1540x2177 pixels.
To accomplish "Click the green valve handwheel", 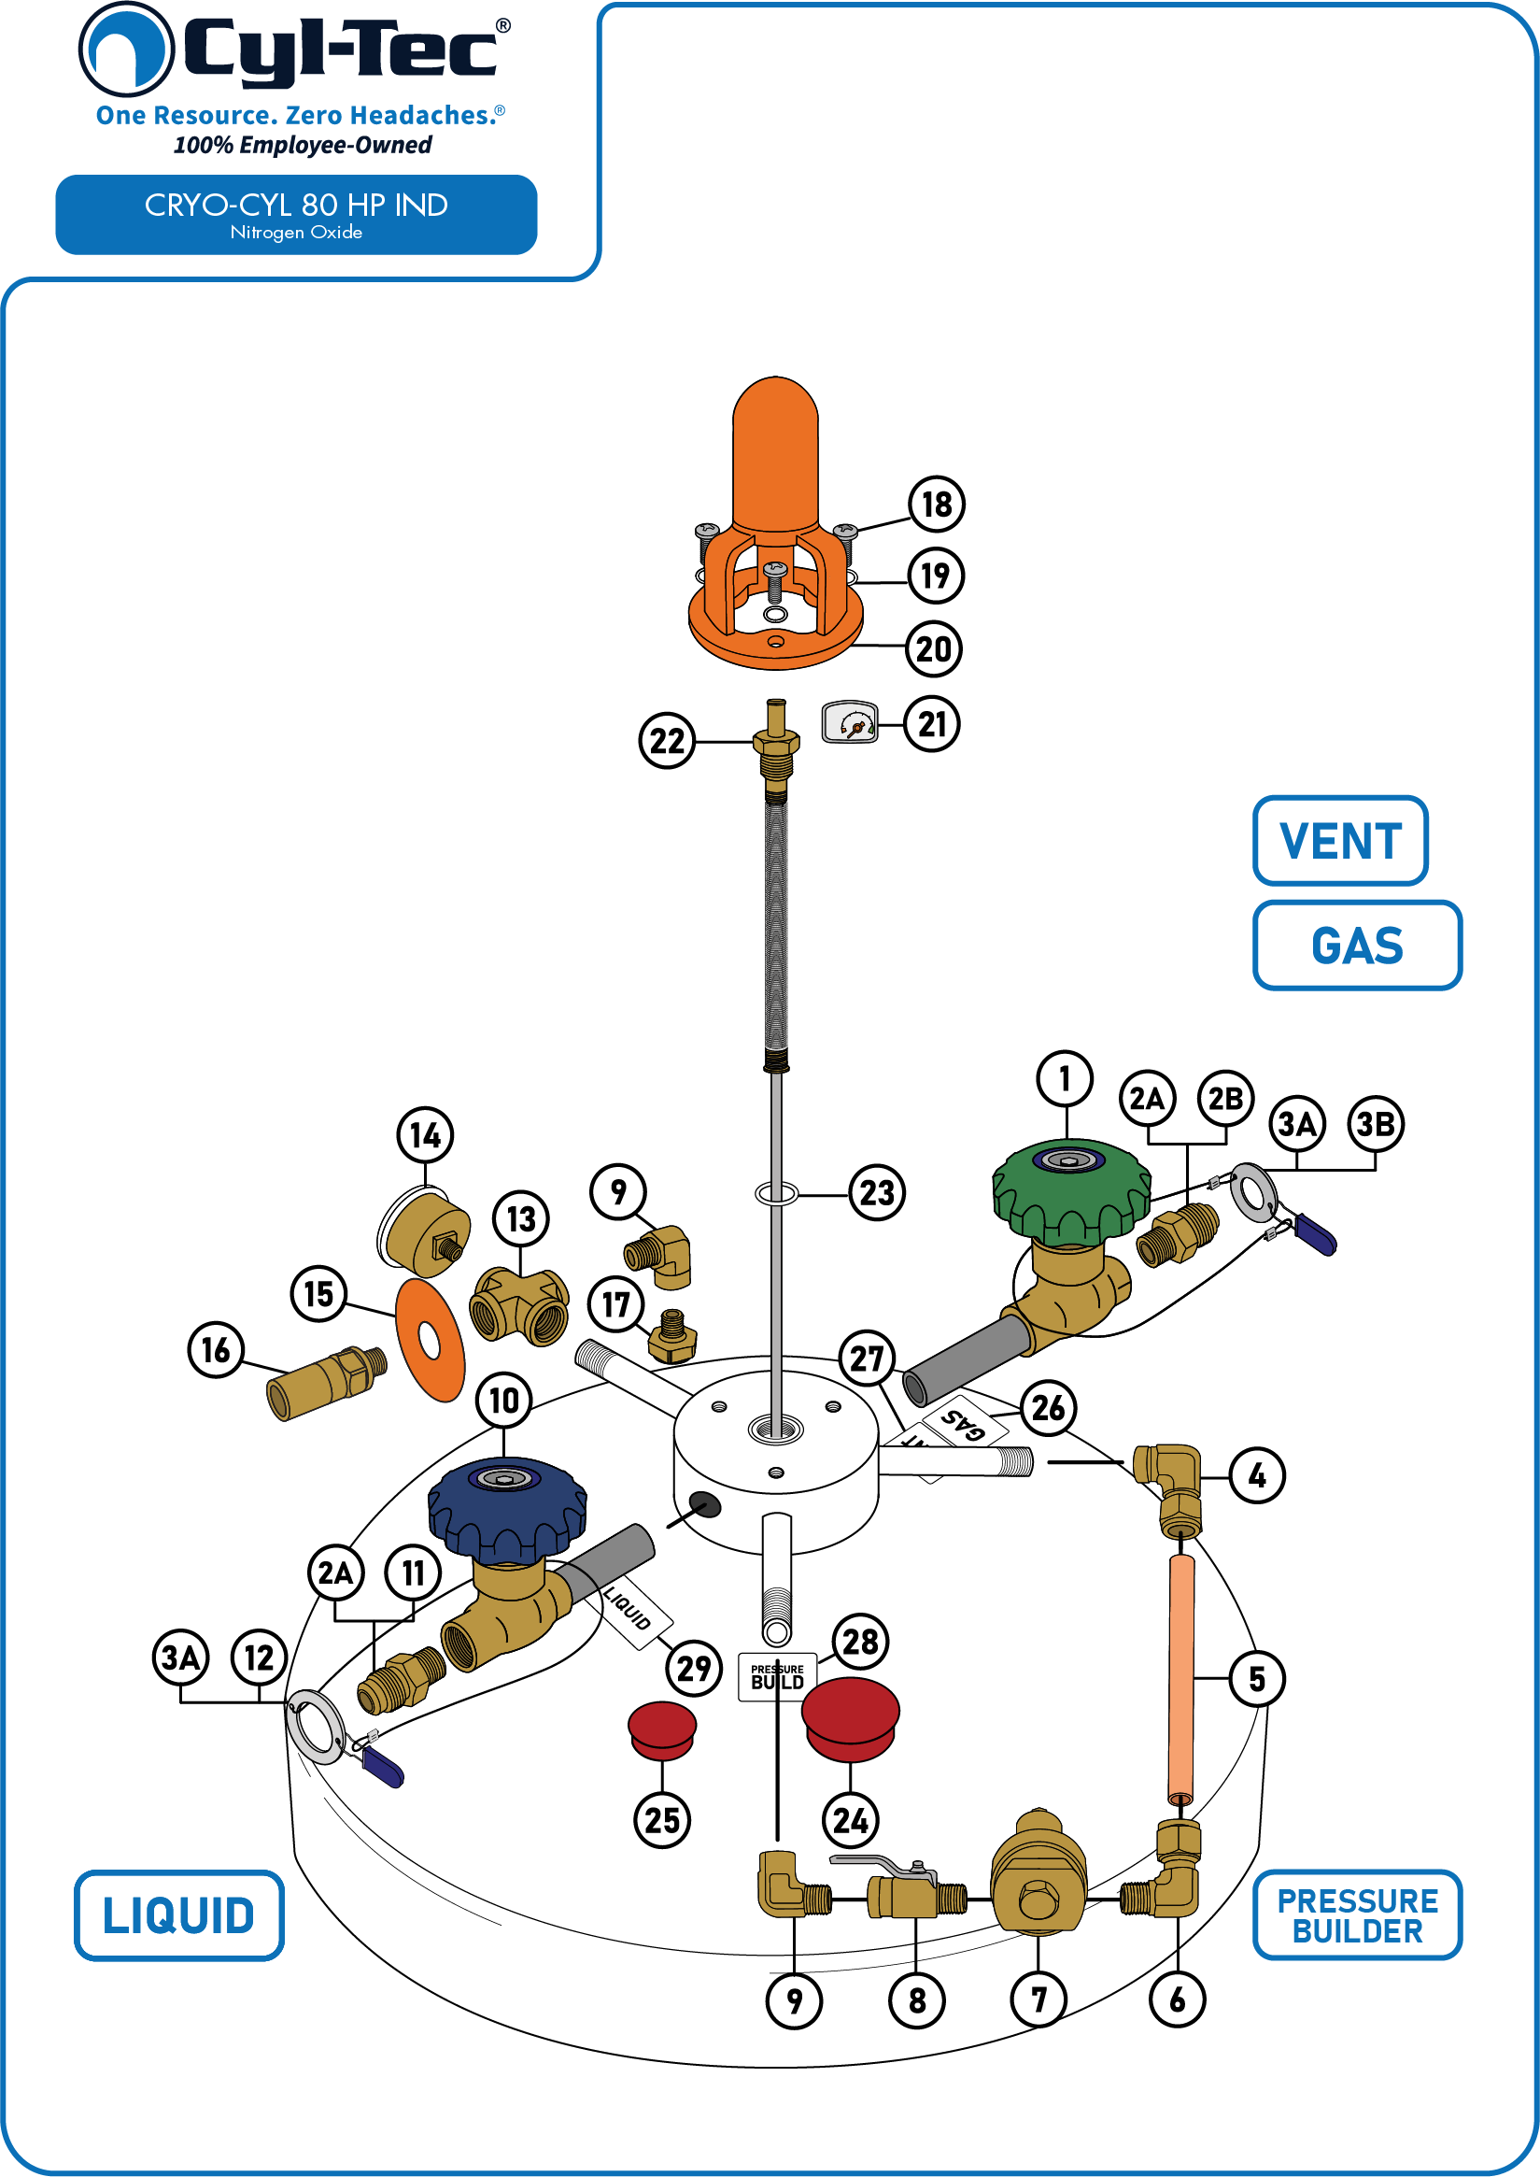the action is point(1071,1191).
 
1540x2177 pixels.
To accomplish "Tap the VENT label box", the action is point(1340,841).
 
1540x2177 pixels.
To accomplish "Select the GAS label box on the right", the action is point(1357,945).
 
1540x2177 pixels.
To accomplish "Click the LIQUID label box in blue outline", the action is point(179,1915).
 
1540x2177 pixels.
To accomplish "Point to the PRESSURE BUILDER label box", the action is point(1357,1915).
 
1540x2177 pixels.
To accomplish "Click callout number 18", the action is point(936,504).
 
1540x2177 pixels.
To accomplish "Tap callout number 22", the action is point(667,741).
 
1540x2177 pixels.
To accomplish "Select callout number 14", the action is point(425,1134).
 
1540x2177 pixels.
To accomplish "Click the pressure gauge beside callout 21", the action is point(850,722).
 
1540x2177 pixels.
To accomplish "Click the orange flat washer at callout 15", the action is point(430,1341).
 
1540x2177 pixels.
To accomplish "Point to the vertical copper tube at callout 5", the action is point(1181,1680).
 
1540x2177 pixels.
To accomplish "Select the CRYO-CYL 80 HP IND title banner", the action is point(296,214).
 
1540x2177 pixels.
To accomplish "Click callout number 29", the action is point(693,1667).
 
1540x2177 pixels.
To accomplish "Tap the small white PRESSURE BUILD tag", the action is point(778,1676).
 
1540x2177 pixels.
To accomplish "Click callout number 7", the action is point(1038,1999).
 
